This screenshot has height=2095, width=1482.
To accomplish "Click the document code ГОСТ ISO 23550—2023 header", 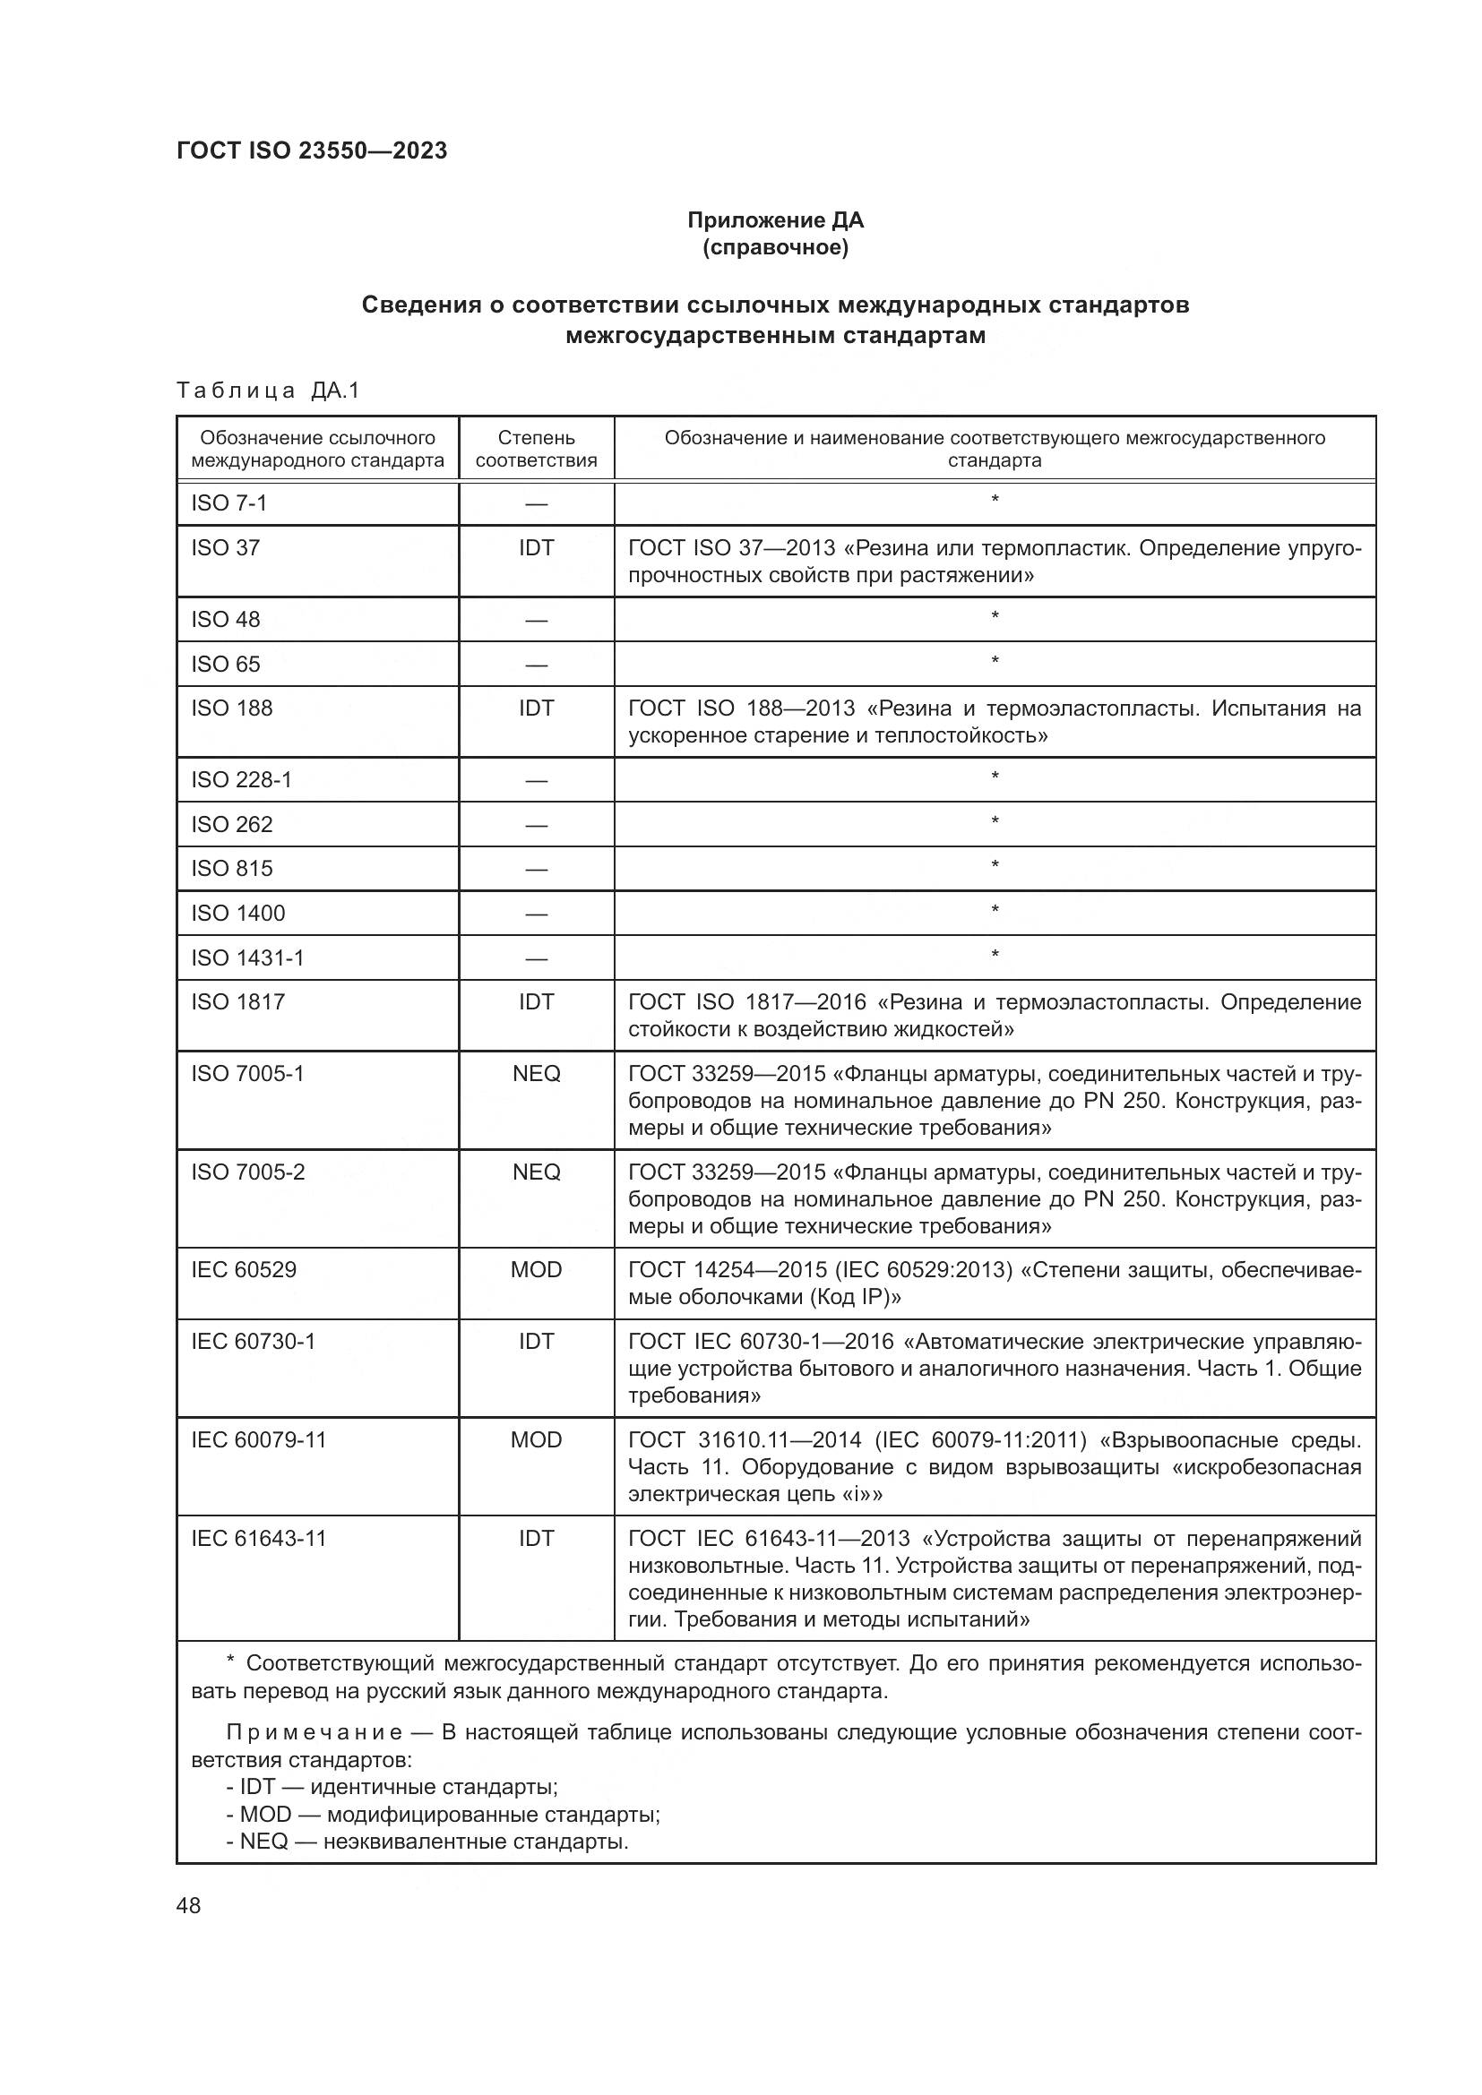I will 312,150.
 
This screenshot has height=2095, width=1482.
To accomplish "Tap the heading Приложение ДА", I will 775,220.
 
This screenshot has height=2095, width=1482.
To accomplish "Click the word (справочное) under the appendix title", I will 775,247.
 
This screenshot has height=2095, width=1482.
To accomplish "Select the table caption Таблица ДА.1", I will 268,391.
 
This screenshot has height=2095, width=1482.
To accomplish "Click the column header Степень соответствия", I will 536,449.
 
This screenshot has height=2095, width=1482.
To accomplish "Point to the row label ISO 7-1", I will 229,502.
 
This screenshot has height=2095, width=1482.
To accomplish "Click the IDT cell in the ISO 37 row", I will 536,547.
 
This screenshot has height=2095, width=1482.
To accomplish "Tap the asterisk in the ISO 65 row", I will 995,661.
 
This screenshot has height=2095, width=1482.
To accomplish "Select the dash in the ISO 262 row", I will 536,825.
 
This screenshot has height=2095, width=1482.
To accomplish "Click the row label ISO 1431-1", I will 247,957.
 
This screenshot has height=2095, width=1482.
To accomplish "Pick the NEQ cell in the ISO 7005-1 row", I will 536,1073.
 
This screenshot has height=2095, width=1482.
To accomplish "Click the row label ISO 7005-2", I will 248,1172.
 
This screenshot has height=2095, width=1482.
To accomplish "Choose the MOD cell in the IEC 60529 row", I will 536,1269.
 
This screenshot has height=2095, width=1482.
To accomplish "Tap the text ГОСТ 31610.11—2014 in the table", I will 745,1440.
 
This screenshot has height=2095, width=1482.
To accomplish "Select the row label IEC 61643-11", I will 258,1539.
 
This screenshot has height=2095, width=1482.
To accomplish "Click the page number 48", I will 188,1906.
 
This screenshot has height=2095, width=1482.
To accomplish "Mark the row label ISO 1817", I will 237,1002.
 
